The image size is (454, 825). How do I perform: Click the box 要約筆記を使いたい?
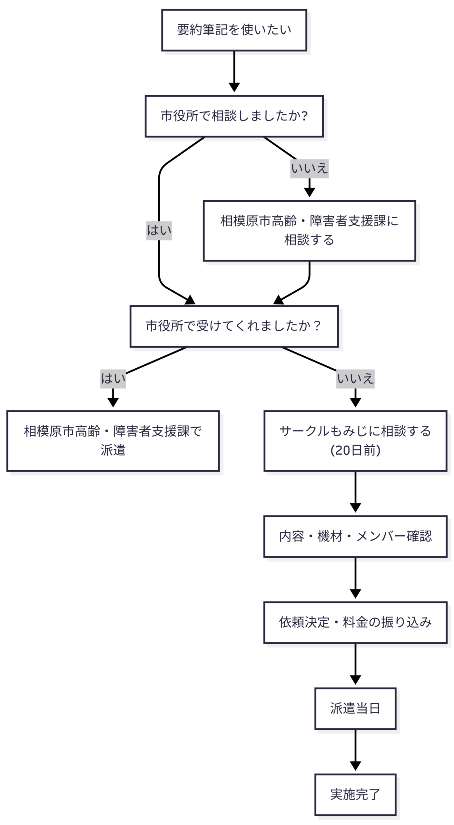pos(234,30)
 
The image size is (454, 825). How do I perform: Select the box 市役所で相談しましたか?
pos(234,116)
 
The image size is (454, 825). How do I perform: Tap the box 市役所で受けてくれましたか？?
pos(234,326)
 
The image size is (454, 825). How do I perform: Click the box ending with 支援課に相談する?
pos(309,230)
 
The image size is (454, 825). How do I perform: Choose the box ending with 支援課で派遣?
pos(113,441)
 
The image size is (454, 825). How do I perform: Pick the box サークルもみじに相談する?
pos(355,441)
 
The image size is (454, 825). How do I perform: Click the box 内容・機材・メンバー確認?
pos(355,536)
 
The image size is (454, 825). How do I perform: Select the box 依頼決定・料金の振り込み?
pos(355,622)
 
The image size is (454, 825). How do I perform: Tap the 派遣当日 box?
pos(355,708)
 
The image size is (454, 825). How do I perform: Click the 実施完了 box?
pos(355,794)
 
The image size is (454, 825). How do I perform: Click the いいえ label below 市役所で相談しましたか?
pos(309,169)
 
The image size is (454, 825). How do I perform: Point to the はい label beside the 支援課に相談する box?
pos(159,230)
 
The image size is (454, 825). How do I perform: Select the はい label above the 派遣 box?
pos(113,379)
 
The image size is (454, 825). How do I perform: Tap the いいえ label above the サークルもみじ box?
pos(355,379)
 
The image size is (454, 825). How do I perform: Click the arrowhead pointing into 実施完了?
pos(355,766)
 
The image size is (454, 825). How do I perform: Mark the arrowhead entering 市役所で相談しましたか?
pos(234,87)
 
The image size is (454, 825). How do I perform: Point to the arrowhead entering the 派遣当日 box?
pos(355,680)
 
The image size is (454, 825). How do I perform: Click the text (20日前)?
pos(355,450)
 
